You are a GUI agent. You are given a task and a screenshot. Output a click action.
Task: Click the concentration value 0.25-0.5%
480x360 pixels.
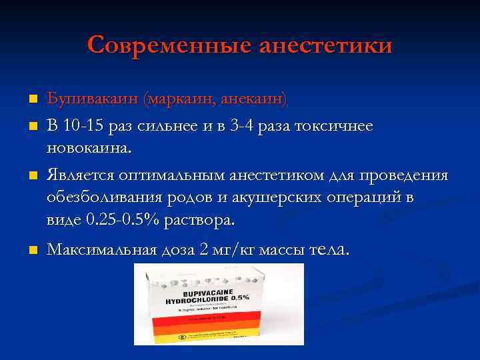[x=127, y=220]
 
